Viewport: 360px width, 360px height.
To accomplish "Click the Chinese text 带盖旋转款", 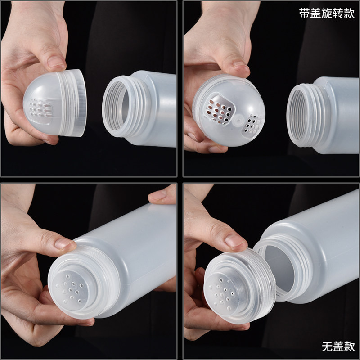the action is (327, 13).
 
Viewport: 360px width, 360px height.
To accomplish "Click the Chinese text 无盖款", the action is (338, 346).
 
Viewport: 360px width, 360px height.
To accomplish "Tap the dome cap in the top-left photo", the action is (55, 103).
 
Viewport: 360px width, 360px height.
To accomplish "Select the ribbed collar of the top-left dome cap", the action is (72, 103).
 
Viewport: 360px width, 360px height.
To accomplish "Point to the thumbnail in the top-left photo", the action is (56, 62).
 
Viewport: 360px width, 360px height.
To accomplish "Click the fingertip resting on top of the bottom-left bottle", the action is (161, 196).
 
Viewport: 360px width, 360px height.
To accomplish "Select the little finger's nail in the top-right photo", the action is (213, 150).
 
